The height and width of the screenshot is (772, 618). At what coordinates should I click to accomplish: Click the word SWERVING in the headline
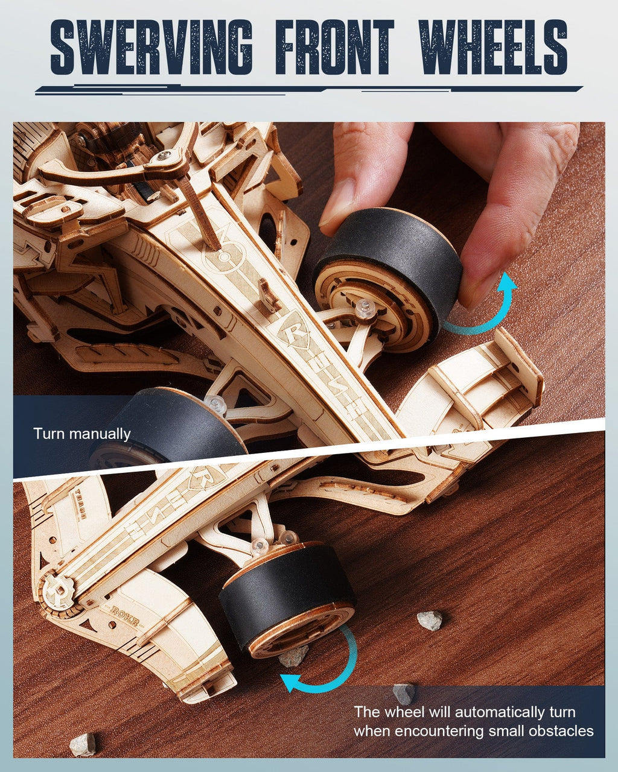151,47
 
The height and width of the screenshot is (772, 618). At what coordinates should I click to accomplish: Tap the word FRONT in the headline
335,47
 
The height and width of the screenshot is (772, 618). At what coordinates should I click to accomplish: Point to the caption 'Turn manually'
82,434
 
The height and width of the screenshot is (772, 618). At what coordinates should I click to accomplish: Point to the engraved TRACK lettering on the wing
80,505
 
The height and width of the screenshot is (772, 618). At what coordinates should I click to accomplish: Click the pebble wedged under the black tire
295,656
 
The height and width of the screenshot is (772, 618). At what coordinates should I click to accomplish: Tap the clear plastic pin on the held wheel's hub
364,308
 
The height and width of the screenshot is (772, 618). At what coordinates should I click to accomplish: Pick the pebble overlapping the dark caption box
403,692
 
